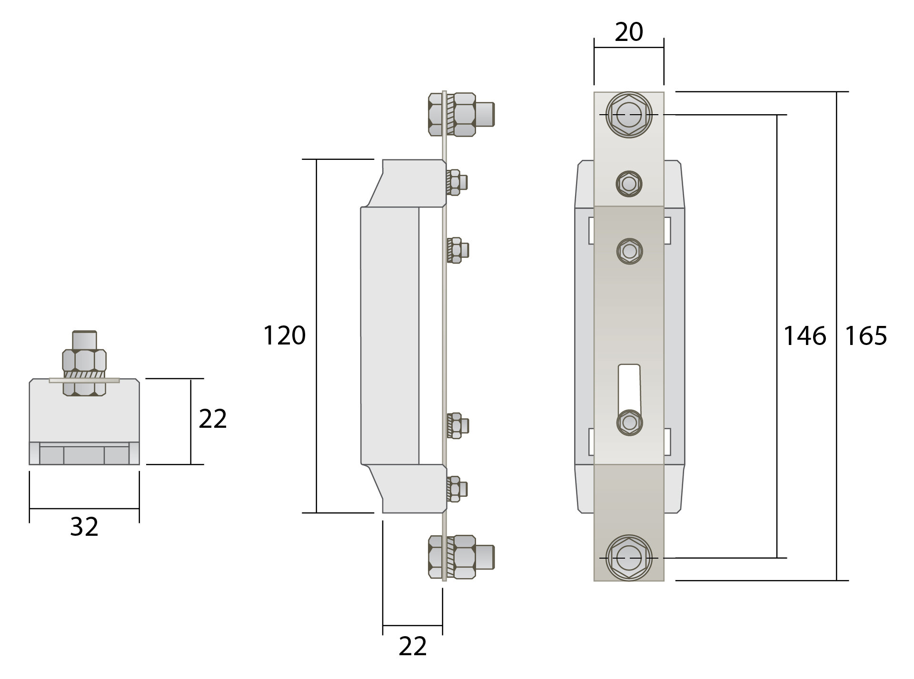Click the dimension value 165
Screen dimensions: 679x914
(865, 336)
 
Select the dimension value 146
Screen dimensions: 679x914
(805, 336)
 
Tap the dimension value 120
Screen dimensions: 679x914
(284, 336)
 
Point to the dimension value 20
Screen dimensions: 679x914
(629, 32)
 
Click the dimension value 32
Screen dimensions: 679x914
(84, 527)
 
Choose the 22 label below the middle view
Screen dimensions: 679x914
(412, 647)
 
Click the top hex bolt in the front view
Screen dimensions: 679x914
(629, 115)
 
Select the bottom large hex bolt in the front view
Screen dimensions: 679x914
(629, 558)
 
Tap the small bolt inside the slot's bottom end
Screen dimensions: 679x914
(629, 422)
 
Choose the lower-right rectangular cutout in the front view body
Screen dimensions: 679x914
(667, 442)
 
